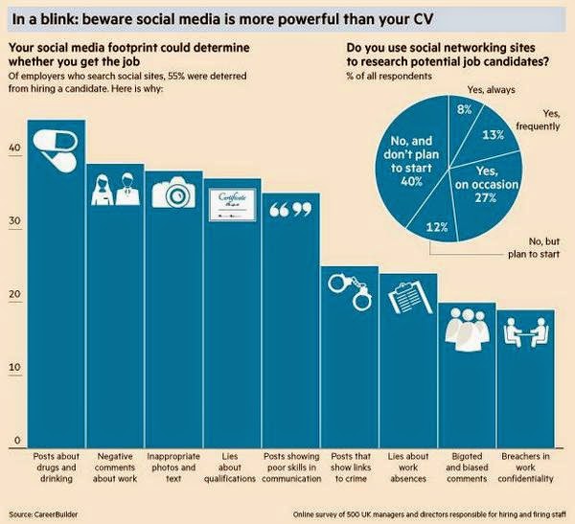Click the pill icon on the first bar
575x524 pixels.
point(56,146)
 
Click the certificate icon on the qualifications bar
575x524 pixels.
point(232,200)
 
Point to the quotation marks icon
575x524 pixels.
point(290,209)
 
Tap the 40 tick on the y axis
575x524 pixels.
point(14,148)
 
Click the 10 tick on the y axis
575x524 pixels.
point(14,367)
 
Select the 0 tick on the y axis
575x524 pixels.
point(16,441)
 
